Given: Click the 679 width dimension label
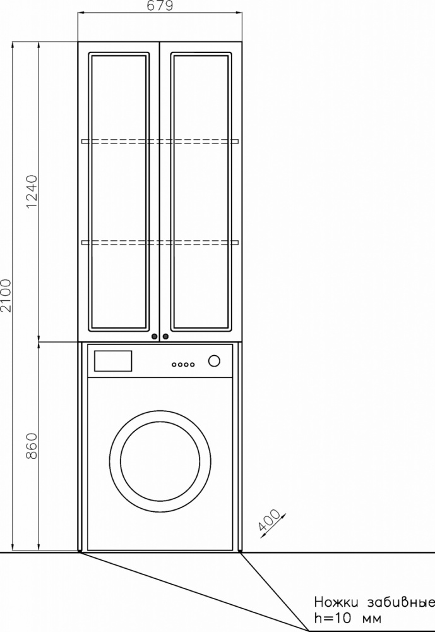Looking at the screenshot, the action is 160,6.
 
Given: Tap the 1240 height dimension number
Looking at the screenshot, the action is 32,191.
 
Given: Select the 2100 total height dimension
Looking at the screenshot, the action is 6,295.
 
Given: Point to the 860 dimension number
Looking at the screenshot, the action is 32,446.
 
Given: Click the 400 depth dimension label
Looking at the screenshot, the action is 269,520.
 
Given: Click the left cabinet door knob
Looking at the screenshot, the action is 154,337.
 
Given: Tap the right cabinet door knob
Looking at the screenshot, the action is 165,337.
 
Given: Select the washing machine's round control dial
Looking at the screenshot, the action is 214,360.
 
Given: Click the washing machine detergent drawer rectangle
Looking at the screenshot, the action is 113,361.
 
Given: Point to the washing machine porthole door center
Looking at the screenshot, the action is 160,461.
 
